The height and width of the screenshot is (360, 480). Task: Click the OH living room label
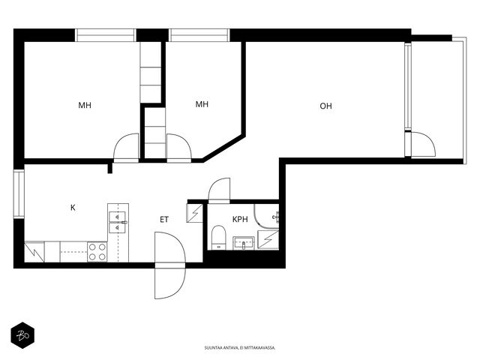pyautogui.click(x=325, y=106)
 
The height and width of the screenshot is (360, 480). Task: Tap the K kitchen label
pyautogui.click(x=73, y=208)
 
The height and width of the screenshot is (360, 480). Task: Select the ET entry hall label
pyautogui.click(x=164, y=220)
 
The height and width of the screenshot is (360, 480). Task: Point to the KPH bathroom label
pyautogui.click(x=240, y=220)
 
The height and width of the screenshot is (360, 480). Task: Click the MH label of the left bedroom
pyautogui.click(x=85, y=106)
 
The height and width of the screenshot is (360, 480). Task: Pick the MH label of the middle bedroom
pyautogui.click(x=202, y=104)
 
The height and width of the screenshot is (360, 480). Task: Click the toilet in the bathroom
pyautogui.click(x=218, y=238)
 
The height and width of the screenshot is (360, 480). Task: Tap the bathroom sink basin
pyautogui.click(x=244, y=243)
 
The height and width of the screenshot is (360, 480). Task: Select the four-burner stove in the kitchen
pyautogui.click(x=97, y=252)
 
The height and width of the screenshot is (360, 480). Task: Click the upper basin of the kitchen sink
pyautogui.click(x=118, y=217)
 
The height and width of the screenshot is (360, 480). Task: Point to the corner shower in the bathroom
pyautogui.click(x=266, y=216)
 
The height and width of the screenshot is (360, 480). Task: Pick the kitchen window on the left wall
pyautogui.click(x=19, y=193)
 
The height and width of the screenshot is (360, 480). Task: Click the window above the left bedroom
pyautogui.click(x=106, y=35)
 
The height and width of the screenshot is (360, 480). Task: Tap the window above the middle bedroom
pyautogui.click(x=199, y=35)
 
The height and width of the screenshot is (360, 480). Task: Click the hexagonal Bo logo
pyautogui.click(x=22, y=335)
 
